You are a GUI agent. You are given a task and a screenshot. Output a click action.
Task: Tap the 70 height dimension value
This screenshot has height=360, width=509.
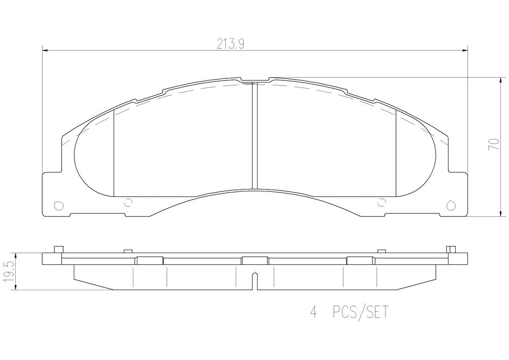coord(494,144)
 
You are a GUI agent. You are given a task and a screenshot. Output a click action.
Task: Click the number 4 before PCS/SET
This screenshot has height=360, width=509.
coord(313,312)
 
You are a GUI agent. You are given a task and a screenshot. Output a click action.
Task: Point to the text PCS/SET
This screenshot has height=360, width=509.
coord(360,312)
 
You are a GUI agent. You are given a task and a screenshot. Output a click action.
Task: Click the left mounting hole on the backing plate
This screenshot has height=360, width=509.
coord(59,206)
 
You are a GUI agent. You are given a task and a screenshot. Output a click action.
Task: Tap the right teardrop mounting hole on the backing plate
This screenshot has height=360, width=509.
coord(450,205)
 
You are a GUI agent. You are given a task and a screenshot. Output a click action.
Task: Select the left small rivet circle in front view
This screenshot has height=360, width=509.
coord(128,203)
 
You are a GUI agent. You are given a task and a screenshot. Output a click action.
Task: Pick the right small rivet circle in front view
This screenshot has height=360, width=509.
coord(382,203)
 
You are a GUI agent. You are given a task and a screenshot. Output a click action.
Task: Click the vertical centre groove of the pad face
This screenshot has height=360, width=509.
coord(255,135)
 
